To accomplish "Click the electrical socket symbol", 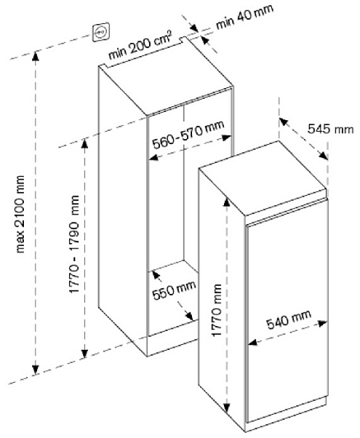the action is pos(101,32).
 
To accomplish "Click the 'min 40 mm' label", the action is pos(245,16).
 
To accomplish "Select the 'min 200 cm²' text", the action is pos(140,46).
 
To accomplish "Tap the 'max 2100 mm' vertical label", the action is pos(20,214).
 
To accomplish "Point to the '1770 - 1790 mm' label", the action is pos(74,244).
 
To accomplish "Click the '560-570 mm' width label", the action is pos(188,135).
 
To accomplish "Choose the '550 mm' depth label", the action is pos(174,290).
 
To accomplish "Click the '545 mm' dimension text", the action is pos(330,129).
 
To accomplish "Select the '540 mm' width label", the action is pos(288,319).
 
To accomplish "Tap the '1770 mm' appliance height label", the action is pos(217,310).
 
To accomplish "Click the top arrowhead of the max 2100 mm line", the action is pos(35,57).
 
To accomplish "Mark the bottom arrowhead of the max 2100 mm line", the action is pos(35,370).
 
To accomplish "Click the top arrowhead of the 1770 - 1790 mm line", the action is pos(85,143).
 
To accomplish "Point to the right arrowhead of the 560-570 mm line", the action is pos(227,137).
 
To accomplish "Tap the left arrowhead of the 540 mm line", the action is pos(253,342).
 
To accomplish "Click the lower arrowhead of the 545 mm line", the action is pos(324,156).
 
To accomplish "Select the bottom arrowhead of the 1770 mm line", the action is pos(227,408).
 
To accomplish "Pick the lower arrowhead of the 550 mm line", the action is pos(189,316).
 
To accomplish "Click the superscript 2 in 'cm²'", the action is pos(170,35).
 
